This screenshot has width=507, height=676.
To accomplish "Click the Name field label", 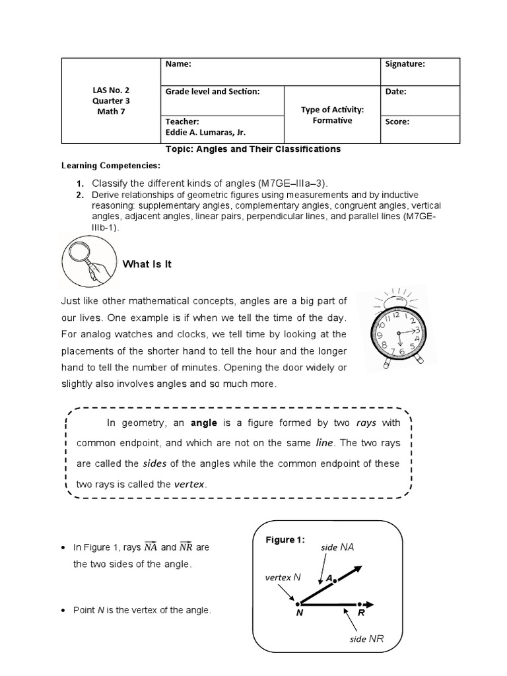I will pos(178,64).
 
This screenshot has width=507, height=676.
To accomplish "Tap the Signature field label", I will pos(405,64).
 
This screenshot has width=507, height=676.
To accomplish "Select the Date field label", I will pos(395,92).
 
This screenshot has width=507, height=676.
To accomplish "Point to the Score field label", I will pos(397,121).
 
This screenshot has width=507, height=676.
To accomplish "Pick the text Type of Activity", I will pos(332,110).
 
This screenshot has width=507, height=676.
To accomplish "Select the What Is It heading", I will pos(147,264).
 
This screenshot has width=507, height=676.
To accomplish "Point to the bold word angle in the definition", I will pos(203,422).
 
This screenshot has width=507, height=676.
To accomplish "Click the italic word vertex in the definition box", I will pos(190,484).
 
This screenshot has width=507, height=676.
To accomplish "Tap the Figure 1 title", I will pos(285,539).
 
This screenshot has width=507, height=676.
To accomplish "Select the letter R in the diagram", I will pos(361,613).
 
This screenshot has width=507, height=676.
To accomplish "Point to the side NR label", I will pos(366,639).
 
